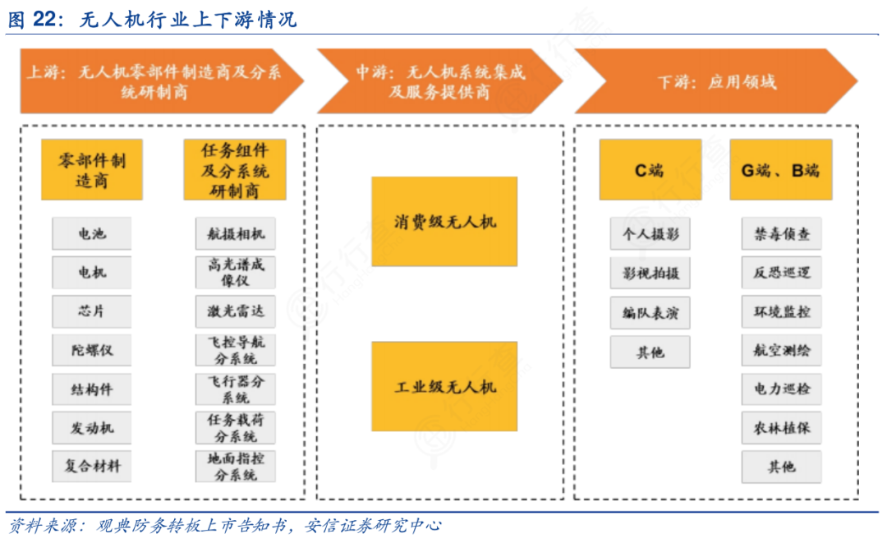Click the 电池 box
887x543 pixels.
coord(92,234)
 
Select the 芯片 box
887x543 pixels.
coord(92,312)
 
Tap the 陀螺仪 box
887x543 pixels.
coord(92,351)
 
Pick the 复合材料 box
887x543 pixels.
coord(92,466)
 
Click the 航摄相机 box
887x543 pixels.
coord(236,234)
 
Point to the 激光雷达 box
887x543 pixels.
coord(236,312)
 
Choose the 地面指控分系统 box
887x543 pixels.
coord(236,466)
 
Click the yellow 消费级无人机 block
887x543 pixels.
coord(444,222)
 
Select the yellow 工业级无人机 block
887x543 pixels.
coord(444,386)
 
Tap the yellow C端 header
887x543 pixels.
coord(650,170)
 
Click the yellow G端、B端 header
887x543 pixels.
coord(780,170)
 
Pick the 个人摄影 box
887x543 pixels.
coord(650,234)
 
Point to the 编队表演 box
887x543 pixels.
coord(650,313)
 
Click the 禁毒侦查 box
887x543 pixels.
coord(781,234)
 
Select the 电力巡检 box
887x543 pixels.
coord(781,389)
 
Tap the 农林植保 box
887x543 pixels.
coord(781,428)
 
